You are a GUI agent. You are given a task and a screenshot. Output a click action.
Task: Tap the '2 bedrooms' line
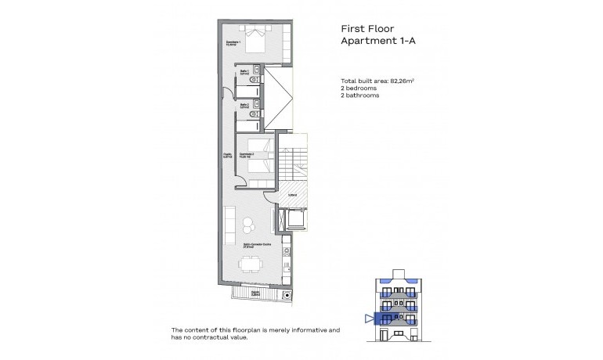click(359, 88)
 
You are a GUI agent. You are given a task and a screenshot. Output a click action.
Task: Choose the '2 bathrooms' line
click(360, 95)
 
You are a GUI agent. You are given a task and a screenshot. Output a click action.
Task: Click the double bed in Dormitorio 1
click(256, 39)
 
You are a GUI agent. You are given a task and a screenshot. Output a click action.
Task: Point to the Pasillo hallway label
click(227, 155)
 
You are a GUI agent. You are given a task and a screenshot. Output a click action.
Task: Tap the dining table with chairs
click(251, 263)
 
